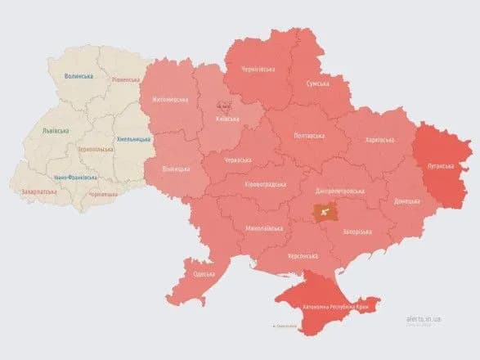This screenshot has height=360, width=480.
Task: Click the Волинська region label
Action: point(79,76)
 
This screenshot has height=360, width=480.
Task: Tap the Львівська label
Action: point(56,130)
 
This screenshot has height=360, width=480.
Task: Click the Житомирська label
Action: point(169,100)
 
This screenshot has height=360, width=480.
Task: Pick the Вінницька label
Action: point(176,169)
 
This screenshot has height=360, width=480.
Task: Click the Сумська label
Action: point(317,83)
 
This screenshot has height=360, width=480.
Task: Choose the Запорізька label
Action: point(359,232)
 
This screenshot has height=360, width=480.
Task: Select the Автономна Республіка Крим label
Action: point(334,305)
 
